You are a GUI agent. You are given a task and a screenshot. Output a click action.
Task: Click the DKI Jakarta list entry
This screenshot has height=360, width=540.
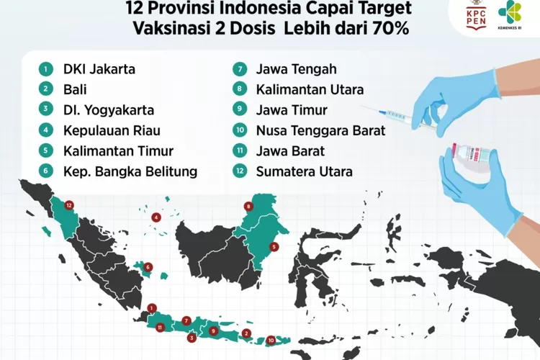click(x=99, y=70)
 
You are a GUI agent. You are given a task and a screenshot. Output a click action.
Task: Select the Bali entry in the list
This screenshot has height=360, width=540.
click(x=75, y=90)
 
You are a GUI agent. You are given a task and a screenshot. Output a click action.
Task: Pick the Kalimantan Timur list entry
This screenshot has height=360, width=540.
click(x=112, y=151)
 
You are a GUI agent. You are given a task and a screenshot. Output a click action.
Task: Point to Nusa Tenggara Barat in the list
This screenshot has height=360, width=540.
click(x=320, y=131)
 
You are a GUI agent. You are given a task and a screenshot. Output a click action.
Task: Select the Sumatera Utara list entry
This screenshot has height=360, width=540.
click(x=304, y=171)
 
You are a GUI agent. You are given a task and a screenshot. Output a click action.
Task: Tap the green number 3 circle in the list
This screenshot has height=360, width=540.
click(x=46, y=111)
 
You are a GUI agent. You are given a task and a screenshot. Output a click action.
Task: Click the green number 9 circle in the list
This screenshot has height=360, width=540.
click(x=239, y=111)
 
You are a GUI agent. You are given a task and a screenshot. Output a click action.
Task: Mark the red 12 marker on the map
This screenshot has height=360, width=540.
click(x=69, y=204)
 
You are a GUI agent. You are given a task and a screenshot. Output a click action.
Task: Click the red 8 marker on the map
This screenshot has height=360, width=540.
click(x=248, y=207)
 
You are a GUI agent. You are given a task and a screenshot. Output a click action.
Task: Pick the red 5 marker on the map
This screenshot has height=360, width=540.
click(x=274, y=246)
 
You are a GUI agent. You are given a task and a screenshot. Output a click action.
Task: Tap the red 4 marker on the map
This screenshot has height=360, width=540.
click(x=156, y=217)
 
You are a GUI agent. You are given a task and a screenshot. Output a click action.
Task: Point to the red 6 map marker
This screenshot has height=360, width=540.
click(x=148, y=268)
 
